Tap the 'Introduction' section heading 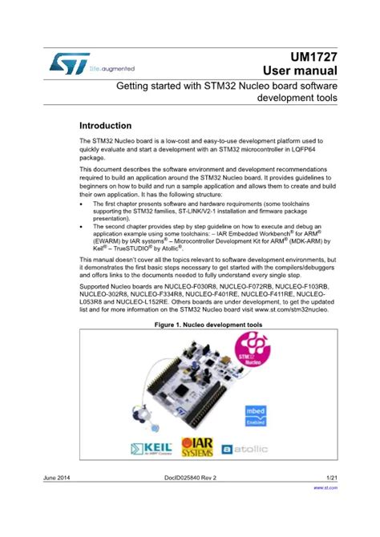105,126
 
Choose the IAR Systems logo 196,446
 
